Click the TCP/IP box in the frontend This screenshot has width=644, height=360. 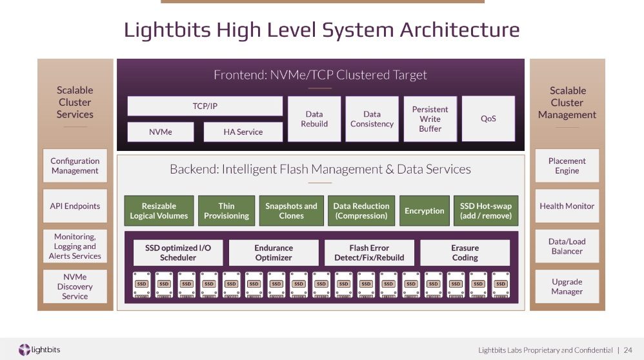coord(205,106)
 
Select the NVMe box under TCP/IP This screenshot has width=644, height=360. coord(161,132)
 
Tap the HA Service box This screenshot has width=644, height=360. coord(243,132)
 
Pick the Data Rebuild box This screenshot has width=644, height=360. coord(314,119)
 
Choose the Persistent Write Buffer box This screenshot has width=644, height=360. coord(430,119)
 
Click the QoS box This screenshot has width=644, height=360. coord(488,119)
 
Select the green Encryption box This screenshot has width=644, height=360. coord(424,210)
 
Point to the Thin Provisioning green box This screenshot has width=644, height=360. coord(226,210)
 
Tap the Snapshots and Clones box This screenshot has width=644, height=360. coord(291,210)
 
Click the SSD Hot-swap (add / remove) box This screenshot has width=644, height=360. coord(486,210)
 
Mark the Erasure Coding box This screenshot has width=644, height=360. coord(465,252)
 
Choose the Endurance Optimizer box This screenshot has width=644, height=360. coord(274,252)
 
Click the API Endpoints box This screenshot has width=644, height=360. coord(75,206)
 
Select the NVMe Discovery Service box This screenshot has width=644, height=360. coord(75,286)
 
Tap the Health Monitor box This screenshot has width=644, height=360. coord(567,206)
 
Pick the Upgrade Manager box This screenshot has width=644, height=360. coord(567,286)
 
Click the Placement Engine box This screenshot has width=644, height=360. coord(567,166)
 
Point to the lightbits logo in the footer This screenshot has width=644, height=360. coord(39,350)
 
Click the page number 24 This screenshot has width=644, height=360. coord(628,350)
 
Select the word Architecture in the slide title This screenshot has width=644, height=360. coord(460,30)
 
